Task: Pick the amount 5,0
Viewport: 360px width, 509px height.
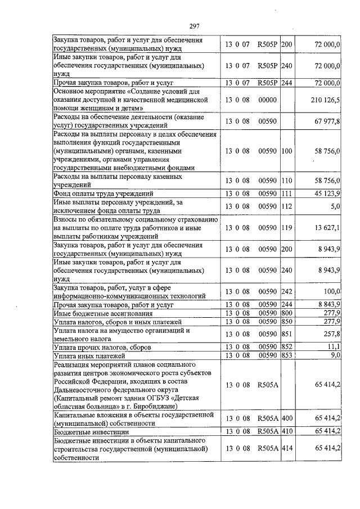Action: pyautogui.click(x=335, y=206)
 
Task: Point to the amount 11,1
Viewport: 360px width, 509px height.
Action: pyautogui.click(x=334, y=347)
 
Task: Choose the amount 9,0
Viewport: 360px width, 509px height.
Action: pyautogui.click(x=335, y=355)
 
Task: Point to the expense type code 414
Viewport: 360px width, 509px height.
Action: pyautogui.click(x=287, y=449)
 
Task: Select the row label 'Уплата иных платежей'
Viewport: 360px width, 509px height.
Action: pyautogui.click(x=88, y=356)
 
